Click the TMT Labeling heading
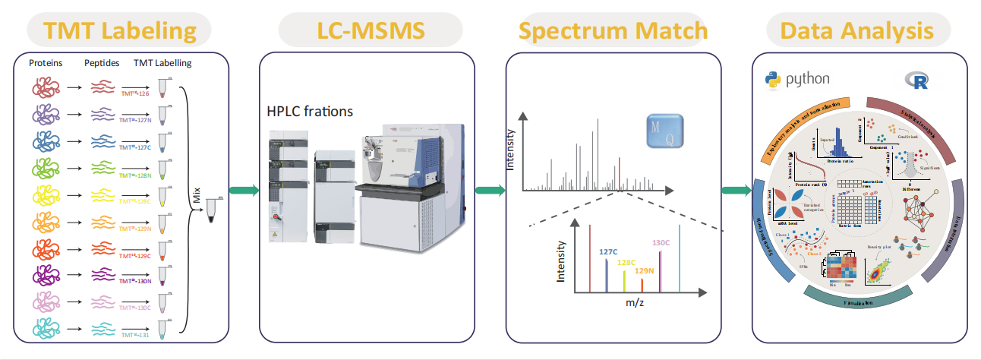[x=120, y=31]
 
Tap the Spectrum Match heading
[x=614, y=31]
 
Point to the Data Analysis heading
[x=856, y=31]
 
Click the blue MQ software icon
[x=664, y=131]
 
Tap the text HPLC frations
[x=310, y=112]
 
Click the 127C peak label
[x=609, y=251]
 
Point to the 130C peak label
[x=661, y=243]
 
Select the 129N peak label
[x=644, y=271]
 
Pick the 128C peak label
[x=626, y=263]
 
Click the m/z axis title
[x=636, y=304]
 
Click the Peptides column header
[x=102, y=63]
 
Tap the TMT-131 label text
[x=137, y=335]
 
